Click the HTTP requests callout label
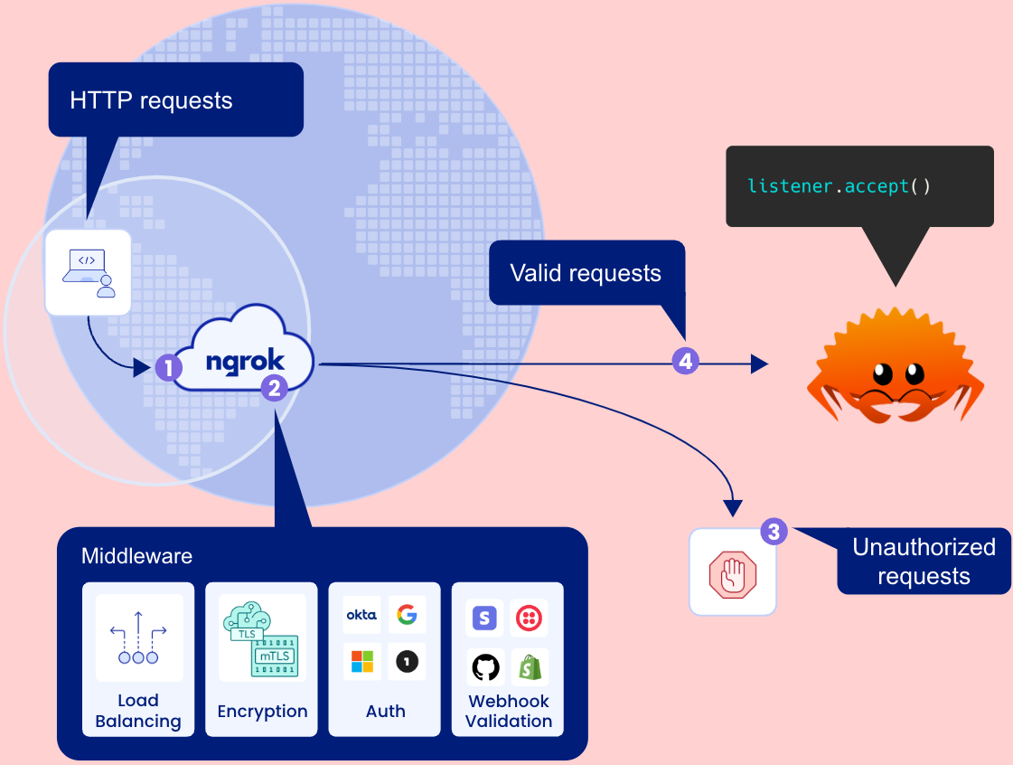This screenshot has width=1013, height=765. pyautogui.click(x=151, y=100)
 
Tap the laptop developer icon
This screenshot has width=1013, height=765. pyautogui.click(x=88, y=272)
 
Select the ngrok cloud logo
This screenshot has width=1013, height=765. pyautogui.click(x=245, y=361)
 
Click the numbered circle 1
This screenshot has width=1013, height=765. pyautogui.click(x=168, y=367)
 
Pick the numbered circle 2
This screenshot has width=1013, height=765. pyautogui.click(x=274, y=388)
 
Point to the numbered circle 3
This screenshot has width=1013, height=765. pyautogui.click(x=774, y=531)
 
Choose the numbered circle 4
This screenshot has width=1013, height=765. pyautogui.click(x=685, y=362)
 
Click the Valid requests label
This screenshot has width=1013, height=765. pyautogui.click(x=585, y=273)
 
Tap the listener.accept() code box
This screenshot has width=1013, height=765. pyautogui.click(x=858, y=186)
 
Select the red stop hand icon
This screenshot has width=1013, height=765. pyautogui.click(x=732, y=573)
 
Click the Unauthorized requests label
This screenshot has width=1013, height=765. pyautogui.click(x=923, y=562)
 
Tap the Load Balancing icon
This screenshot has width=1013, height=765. pyautogui.click(x=138, y=637)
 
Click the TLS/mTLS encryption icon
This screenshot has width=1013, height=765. pyautogui.click(x=262, y=637)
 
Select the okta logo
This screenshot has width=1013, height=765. pyautogui.click(x=361, y=615)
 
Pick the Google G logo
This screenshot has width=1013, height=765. pyautogui.click(x=407, y=615)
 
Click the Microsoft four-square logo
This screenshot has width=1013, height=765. pyautogui.click(x=361, y=662)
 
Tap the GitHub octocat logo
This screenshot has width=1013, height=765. pyautogui.click(x=485, y=667)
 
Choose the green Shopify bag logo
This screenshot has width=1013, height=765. pyautogui.click(x=530, y=667)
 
